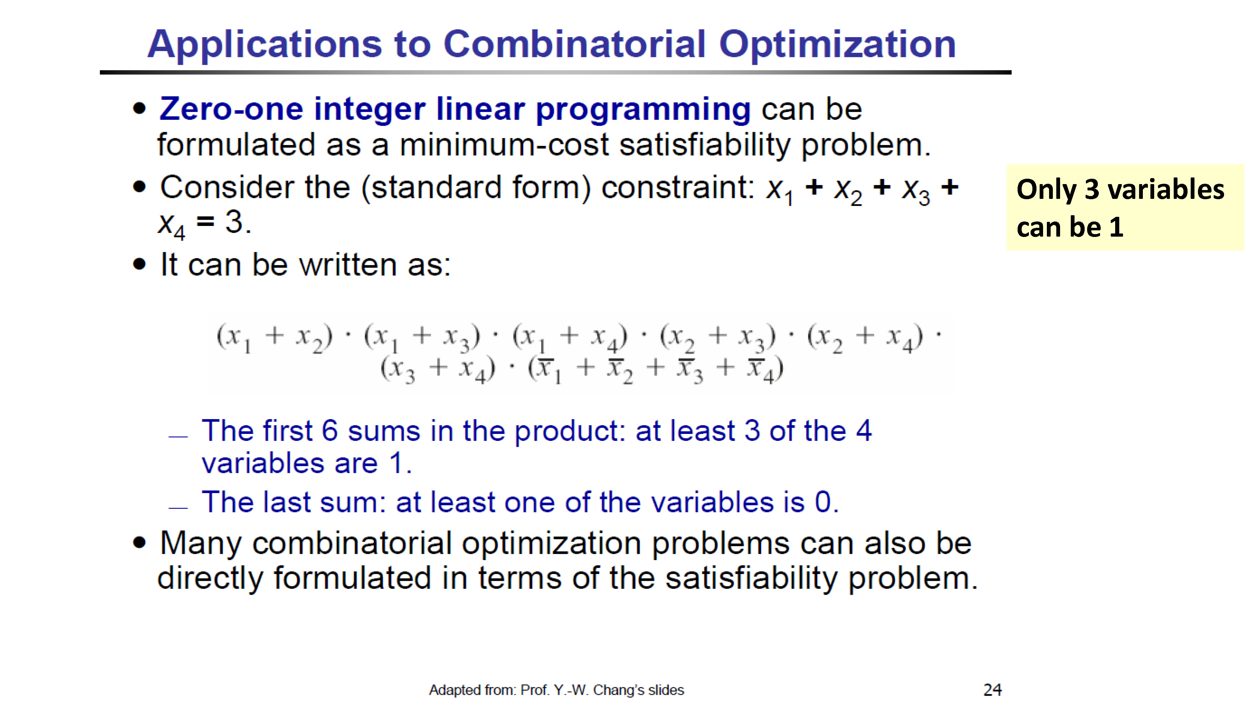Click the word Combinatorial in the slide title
575,44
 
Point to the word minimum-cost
504,145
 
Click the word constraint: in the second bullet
678,187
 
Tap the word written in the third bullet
347,265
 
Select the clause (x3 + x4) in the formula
438,369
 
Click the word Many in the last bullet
201,544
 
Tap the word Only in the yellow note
1046,190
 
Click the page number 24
993,690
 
